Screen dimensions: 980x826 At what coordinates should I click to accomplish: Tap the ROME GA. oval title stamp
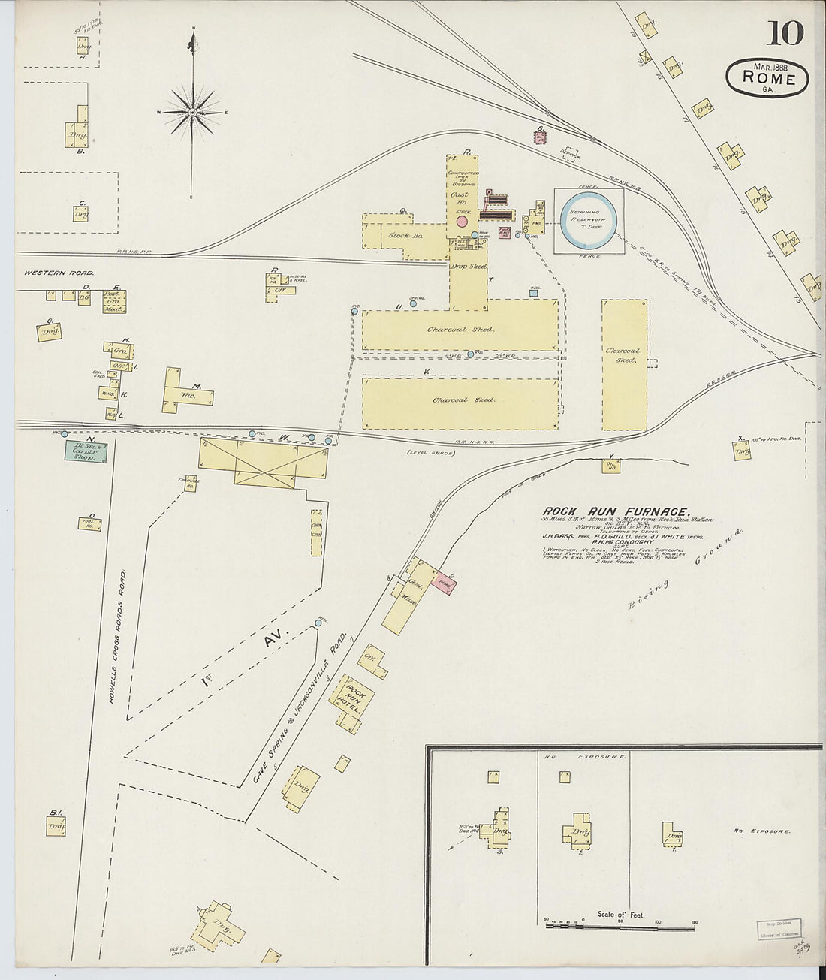tap(767, 78)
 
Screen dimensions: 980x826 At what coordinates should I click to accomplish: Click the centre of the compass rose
tap(193, 113)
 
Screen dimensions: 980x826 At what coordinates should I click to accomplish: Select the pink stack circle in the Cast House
tap(462, 222)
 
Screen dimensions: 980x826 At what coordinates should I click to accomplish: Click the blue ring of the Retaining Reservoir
tap(589, 220)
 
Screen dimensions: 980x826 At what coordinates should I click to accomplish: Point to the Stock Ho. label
tap(405, 236)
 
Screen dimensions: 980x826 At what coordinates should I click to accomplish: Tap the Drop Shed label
tap(468, 267)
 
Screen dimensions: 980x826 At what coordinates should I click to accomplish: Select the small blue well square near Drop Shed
tap(534, 293)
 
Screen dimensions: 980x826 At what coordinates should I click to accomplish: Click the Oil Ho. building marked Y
tap(611, 466)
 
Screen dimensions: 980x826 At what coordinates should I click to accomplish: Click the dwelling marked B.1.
tap(56, 826)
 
